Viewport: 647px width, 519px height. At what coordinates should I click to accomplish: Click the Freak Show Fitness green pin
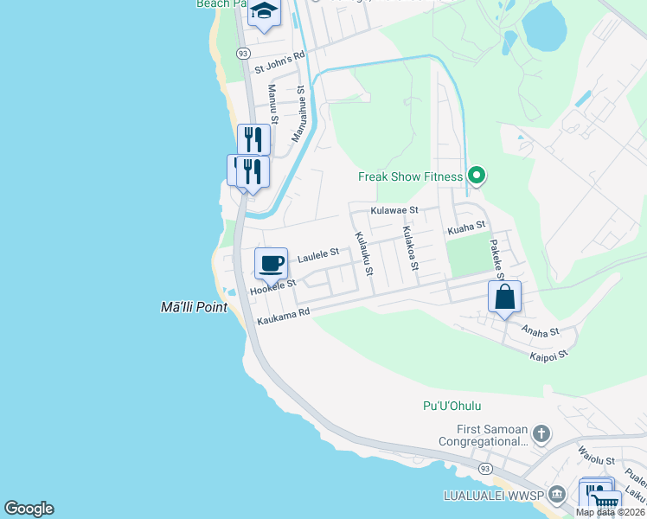pos(476,176)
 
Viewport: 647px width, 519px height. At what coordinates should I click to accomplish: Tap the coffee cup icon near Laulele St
pos(271,263)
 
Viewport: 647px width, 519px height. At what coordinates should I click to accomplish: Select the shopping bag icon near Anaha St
pos(505,297)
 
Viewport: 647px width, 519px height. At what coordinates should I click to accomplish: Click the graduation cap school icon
pos(265,12)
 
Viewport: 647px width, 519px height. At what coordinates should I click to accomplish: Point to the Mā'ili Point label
pos(194,307)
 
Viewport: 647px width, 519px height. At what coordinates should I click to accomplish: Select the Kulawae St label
pos(394,210)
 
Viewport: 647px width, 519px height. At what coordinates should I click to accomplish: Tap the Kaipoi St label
pos(548,354)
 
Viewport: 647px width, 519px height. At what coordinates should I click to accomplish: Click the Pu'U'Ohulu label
pos(452,406)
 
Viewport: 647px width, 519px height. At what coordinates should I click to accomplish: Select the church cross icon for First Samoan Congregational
pos(541,433)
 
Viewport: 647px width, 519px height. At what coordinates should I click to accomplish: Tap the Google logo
pos(29,509)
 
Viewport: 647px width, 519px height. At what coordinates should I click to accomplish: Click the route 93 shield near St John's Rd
pos(243,54)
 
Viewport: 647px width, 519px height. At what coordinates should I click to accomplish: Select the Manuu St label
pos(273,101)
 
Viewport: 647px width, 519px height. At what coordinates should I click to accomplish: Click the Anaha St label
pos(541,330)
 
